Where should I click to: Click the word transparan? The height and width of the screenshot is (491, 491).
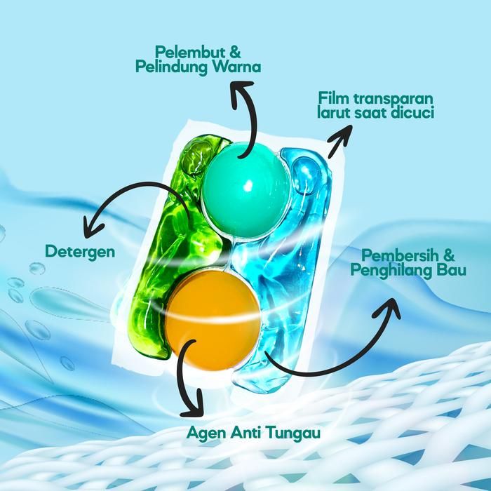[393, 97]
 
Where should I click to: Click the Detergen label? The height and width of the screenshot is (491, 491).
[80, 250]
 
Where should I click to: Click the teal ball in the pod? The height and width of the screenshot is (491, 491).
[245, 185]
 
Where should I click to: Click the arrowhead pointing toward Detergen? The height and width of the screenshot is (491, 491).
[89, 226]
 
